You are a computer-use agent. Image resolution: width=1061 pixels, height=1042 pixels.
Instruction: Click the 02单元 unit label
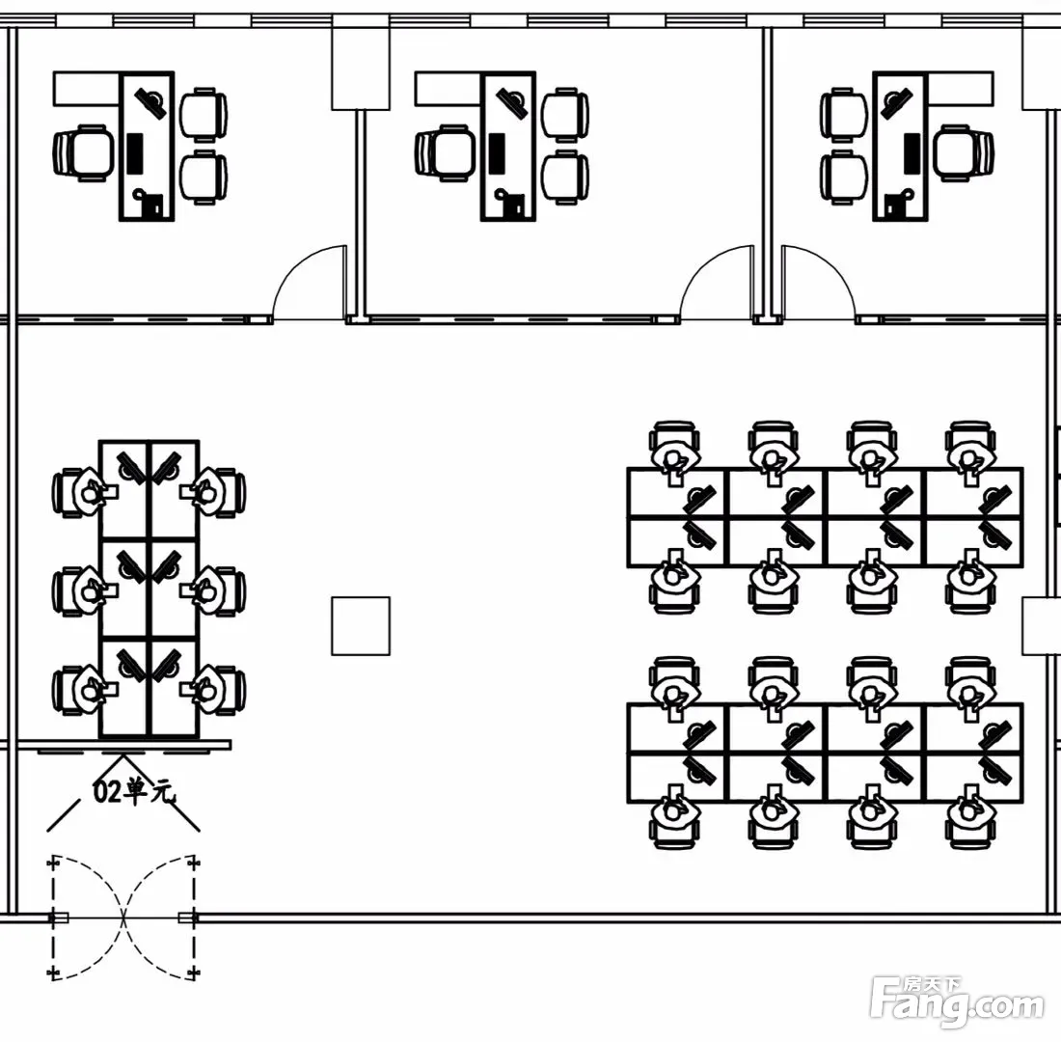pos(133,791)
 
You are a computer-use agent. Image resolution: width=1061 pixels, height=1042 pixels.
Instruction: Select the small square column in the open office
pos(361,625)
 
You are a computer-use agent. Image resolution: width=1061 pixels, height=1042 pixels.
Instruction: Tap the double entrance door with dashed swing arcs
pos(123,918)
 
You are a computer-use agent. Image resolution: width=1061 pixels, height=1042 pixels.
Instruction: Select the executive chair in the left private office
pos(84,153)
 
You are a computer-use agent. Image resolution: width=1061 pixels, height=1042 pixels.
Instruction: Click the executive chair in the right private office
pos(964,153)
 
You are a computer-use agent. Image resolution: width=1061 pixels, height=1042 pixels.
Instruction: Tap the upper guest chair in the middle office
pos(565,115)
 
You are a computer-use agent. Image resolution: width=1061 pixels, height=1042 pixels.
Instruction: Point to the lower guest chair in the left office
pos(204,178)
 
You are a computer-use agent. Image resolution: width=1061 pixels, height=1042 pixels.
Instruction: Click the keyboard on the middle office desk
pos(497,151)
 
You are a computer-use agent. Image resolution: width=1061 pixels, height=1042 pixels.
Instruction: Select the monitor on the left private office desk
pos(150,102)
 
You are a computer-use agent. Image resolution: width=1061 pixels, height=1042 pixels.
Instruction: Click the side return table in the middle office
pos(448,90)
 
